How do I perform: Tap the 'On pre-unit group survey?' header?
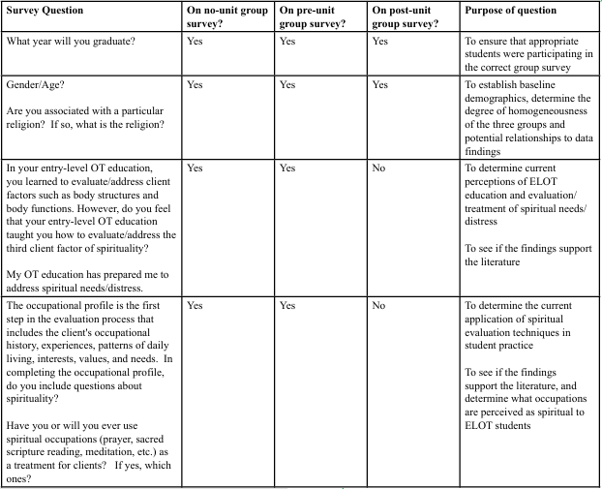(x=311, y=17)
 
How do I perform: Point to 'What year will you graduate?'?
(x=71, y=42)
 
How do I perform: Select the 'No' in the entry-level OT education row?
(x=379, y=168)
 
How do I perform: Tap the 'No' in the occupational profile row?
(x=379, y=306)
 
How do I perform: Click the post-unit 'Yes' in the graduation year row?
(x=380, y=42)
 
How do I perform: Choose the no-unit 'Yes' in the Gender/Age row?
(x=195, y=85)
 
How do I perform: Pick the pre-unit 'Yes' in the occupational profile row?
(x=287, y=306)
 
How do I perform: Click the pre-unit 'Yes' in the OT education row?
(x=287, y=168)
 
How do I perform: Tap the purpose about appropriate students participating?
(x=528, y=55)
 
